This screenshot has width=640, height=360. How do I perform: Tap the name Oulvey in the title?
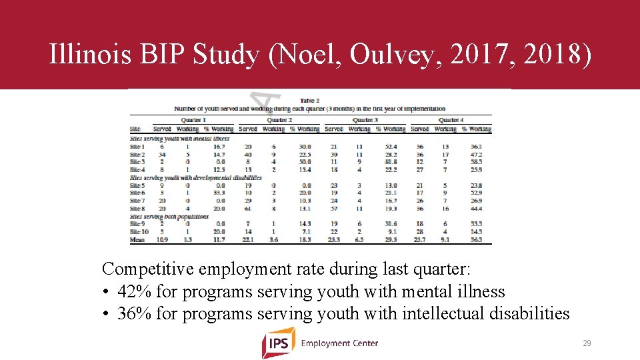coord(389,55)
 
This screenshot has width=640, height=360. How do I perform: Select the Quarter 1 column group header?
coord(193,120)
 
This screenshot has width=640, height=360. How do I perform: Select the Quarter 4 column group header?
coord(451,120)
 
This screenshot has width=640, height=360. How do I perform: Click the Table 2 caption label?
coord(309,100)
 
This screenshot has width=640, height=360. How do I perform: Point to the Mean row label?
coord(137,240)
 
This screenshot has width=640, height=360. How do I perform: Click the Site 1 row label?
coord(137,146)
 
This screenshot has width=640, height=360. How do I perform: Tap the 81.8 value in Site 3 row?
coord(391,162)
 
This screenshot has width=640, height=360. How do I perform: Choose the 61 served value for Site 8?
coord(248,209)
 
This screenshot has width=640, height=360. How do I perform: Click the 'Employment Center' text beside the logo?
coord(339,343)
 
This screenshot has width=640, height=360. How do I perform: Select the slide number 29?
coord(587,343)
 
